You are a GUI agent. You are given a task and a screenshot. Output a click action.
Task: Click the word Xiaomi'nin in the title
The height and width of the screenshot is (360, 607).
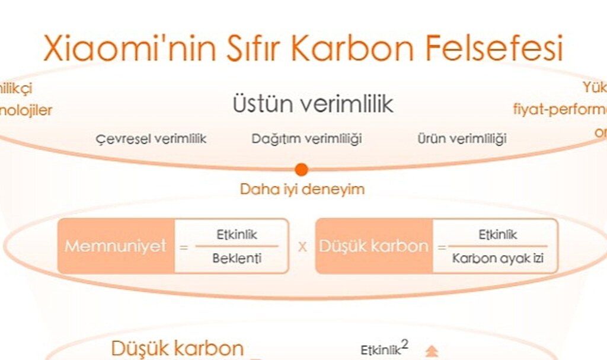point(119,49)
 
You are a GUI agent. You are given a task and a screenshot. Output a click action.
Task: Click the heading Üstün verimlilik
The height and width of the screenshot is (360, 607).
point(312,105)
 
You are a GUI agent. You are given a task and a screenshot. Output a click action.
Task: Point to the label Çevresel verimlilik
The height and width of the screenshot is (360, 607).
point(151,139)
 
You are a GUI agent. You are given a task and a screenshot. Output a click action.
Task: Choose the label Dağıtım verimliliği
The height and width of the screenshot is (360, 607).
point(306,139)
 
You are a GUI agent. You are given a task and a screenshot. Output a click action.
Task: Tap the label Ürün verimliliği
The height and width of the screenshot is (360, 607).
point(462,139)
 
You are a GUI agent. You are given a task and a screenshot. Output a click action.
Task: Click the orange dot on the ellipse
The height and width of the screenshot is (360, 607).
point(302,170)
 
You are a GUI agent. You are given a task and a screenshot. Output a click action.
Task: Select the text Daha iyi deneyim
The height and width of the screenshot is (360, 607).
point(302,189)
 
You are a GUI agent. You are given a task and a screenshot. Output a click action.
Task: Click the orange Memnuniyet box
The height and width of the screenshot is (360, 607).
point(116,246)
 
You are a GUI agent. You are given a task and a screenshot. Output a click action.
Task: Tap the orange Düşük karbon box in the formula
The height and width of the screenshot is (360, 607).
point(373,246)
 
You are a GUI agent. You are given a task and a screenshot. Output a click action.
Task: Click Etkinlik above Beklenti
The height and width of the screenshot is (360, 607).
point(237,235)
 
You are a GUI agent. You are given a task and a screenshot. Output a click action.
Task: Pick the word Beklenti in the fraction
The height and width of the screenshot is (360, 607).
point(237,258)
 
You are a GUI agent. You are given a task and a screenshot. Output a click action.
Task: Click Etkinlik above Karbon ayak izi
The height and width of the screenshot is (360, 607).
point(497,235)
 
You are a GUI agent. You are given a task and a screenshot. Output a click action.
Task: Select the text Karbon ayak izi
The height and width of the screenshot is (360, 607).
point(497,258)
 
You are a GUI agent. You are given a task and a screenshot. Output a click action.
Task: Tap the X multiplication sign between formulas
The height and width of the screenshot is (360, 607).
point(302,247)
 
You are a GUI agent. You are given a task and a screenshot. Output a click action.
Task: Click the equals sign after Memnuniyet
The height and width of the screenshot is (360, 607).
point(184,247)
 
